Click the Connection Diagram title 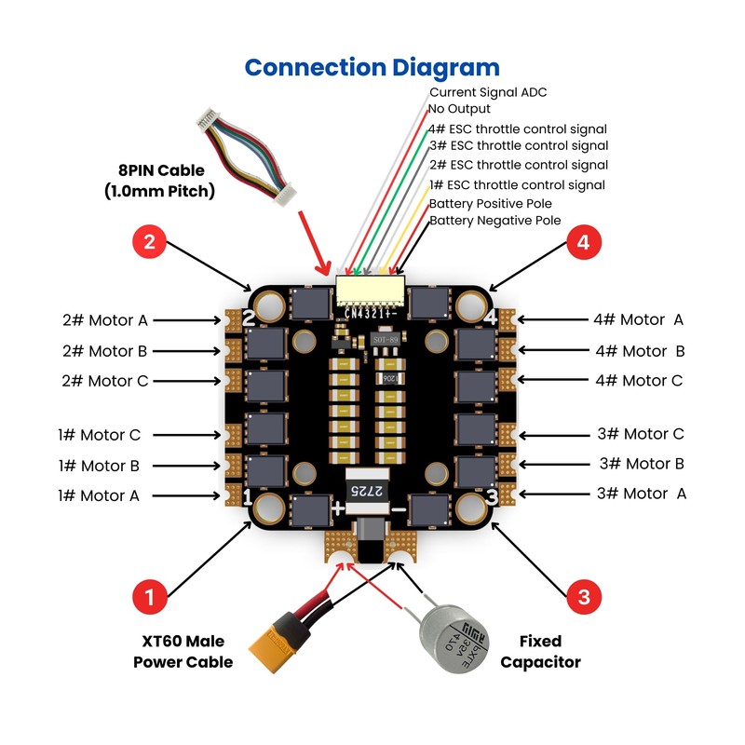coord(372,67)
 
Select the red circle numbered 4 coord(583,244)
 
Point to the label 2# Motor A coord(104,320)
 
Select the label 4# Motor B coord(640,351)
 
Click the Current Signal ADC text coord(487,92)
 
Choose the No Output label coord(459,109)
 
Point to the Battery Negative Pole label coord(494,221)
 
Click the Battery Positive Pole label coord(490,203)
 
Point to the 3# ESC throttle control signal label coord(518,146)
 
